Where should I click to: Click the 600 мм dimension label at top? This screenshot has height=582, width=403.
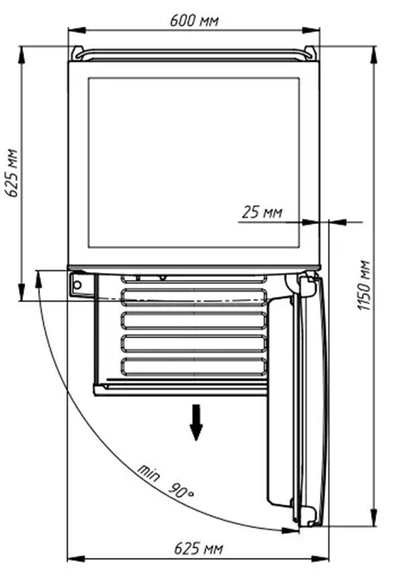coord(194,21)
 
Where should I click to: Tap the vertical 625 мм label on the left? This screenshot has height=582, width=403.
coord(12,173)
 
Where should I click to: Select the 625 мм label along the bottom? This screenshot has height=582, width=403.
coord(199,548)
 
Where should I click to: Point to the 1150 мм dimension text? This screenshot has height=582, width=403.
coord(364,285)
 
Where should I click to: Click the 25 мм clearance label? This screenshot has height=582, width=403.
coord(262,212)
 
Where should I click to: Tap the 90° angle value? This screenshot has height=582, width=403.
coord(181,491)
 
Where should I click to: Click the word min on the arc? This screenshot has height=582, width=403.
coord(149,473)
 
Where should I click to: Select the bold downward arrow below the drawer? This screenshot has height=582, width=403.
coord(196,422)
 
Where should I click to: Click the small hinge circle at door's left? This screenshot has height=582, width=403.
coord(77,285)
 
